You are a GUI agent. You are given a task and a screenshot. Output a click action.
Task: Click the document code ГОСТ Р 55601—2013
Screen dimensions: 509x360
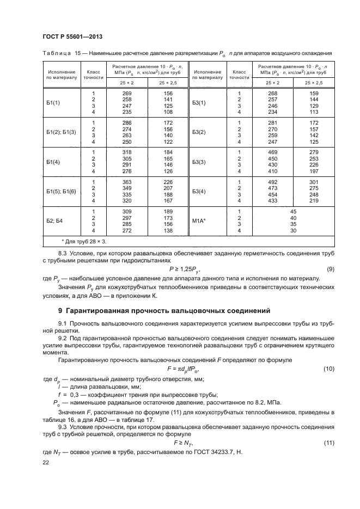(72, 36)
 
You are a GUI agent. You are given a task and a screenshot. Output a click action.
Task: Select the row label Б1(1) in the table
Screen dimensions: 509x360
(53, 102)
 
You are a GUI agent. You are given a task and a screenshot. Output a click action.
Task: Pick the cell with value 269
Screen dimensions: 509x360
(127, 94)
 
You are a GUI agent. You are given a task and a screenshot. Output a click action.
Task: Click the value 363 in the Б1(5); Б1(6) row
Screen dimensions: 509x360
(127, 182)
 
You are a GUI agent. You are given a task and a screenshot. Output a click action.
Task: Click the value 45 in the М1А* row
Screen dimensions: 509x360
(294, 211)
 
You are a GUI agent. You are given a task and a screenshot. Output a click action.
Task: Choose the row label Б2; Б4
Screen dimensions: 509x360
(54, 221)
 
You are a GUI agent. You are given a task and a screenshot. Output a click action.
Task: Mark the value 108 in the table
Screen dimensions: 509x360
(168, 112)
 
